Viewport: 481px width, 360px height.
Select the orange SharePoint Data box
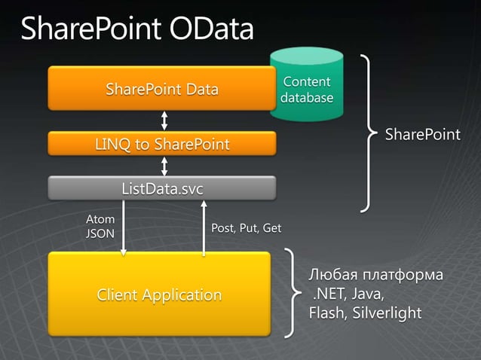point(161,90)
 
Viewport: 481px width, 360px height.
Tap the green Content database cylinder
point(307,87)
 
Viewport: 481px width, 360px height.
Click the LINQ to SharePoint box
point(161,143)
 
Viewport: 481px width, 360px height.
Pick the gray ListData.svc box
point(161,188)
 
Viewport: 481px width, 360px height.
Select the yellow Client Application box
point(159,294)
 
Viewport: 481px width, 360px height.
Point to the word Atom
point(100,219)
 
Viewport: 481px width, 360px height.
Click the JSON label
point(100,233)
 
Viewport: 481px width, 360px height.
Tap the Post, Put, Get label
point(246,228)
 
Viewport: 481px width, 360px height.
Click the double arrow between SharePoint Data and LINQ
point(164,121)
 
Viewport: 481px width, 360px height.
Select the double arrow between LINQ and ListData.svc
point(164,165)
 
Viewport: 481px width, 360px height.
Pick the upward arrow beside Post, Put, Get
point(203,226)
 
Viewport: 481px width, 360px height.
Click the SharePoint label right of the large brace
point(422,135)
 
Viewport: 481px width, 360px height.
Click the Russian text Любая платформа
point(375,274)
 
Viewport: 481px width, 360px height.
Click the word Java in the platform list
point(368,294)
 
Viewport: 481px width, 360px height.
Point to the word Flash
point(326,313)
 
